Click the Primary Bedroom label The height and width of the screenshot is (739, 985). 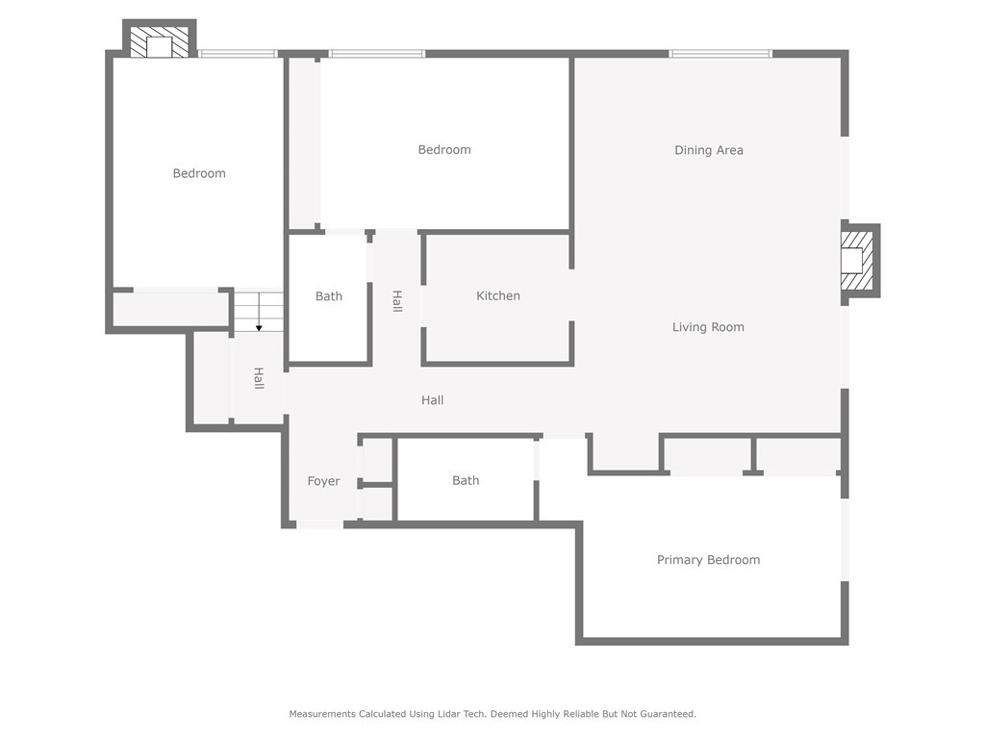tap(708, 560)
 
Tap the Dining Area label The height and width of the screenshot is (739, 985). tap(709, 150)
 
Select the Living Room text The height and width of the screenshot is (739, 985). tap(708, 327)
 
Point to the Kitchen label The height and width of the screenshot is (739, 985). tap(498, 295)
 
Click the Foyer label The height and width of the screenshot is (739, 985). tap(323, 481)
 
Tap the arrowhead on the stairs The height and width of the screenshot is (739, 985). tap(259, 328)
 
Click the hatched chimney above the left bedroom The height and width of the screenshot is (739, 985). tap(159, 41)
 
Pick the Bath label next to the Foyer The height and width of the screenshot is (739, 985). tap(466, 481)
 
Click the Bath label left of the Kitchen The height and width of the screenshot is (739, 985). tap(329, 296)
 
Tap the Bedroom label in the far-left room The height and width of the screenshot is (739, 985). tap(199, 173)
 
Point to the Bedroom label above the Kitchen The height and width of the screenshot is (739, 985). tap(444, 149)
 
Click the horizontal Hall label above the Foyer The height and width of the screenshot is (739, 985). tap(432, 400)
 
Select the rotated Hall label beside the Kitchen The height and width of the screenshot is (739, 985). tap(397, 301)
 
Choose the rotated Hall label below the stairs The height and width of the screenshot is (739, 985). tap(258, 378)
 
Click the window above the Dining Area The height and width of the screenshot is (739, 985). tap(720, 54)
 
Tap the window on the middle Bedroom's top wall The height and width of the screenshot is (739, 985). tap(377, 54)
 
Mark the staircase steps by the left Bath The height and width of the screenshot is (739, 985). tap(259, 312)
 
